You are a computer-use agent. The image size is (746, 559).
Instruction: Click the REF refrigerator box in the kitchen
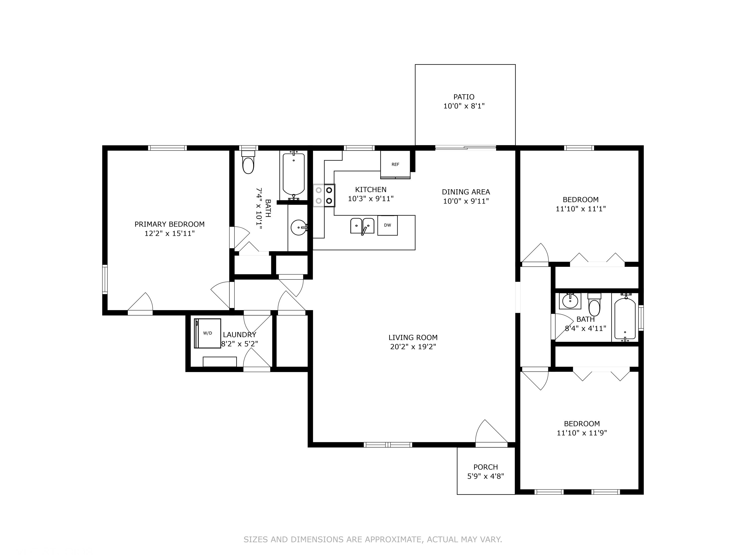(x=395, y=164)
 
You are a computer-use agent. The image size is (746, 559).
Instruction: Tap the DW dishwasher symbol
(x=387, y=225)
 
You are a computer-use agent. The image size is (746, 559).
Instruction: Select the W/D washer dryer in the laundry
(x=208, y=333)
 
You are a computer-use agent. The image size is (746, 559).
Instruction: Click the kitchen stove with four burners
(x=324, y=196)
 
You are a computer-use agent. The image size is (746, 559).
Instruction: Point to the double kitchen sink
(x=362, y=226)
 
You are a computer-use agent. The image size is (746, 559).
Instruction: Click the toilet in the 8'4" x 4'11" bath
(x=594, y=306)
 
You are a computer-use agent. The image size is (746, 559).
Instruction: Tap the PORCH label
(x=486, y=467)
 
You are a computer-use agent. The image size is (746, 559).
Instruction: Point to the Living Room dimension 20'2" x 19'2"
(x=413, y=347)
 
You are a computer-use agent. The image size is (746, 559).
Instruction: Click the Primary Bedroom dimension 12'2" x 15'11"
(x=170, y=234)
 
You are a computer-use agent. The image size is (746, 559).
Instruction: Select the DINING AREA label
(x=466, y=192)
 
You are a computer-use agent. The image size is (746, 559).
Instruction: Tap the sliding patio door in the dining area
(x=466, y=148)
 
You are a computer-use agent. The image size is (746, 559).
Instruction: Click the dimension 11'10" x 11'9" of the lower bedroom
(x=582, y=433)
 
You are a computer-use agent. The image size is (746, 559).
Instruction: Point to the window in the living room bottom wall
(x=388, y=445)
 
